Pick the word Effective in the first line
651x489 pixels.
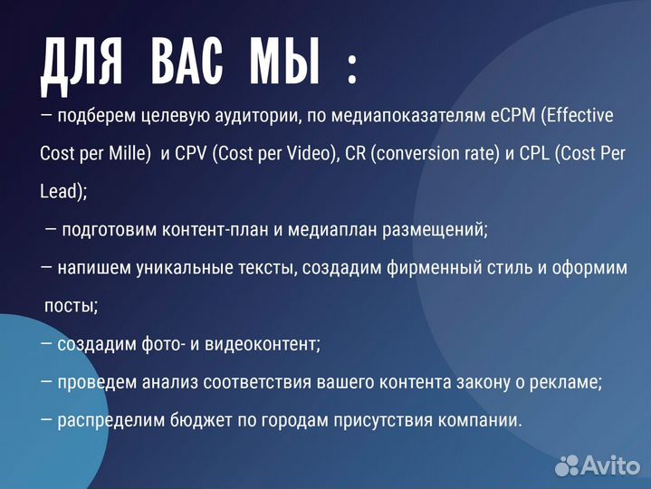579,115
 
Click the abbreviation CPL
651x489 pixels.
537,153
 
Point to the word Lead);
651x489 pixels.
63,191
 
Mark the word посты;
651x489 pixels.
72,305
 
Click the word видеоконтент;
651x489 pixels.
265,344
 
